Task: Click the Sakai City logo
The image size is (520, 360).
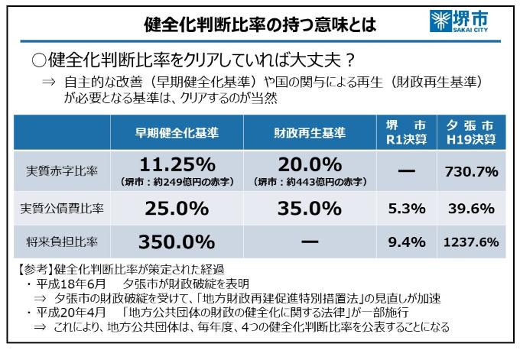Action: click(x=461, y=21)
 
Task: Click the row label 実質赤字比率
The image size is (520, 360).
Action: click(x=62, y=172)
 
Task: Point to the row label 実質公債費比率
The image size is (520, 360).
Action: click(x=62, y=207)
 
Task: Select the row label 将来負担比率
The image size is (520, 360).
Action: click(x=62, y=242)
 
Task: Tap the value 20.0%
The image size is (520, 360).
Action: click(x=310, y=165)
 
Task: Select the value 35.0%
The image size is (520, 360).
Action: click(x=310, y=207)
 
